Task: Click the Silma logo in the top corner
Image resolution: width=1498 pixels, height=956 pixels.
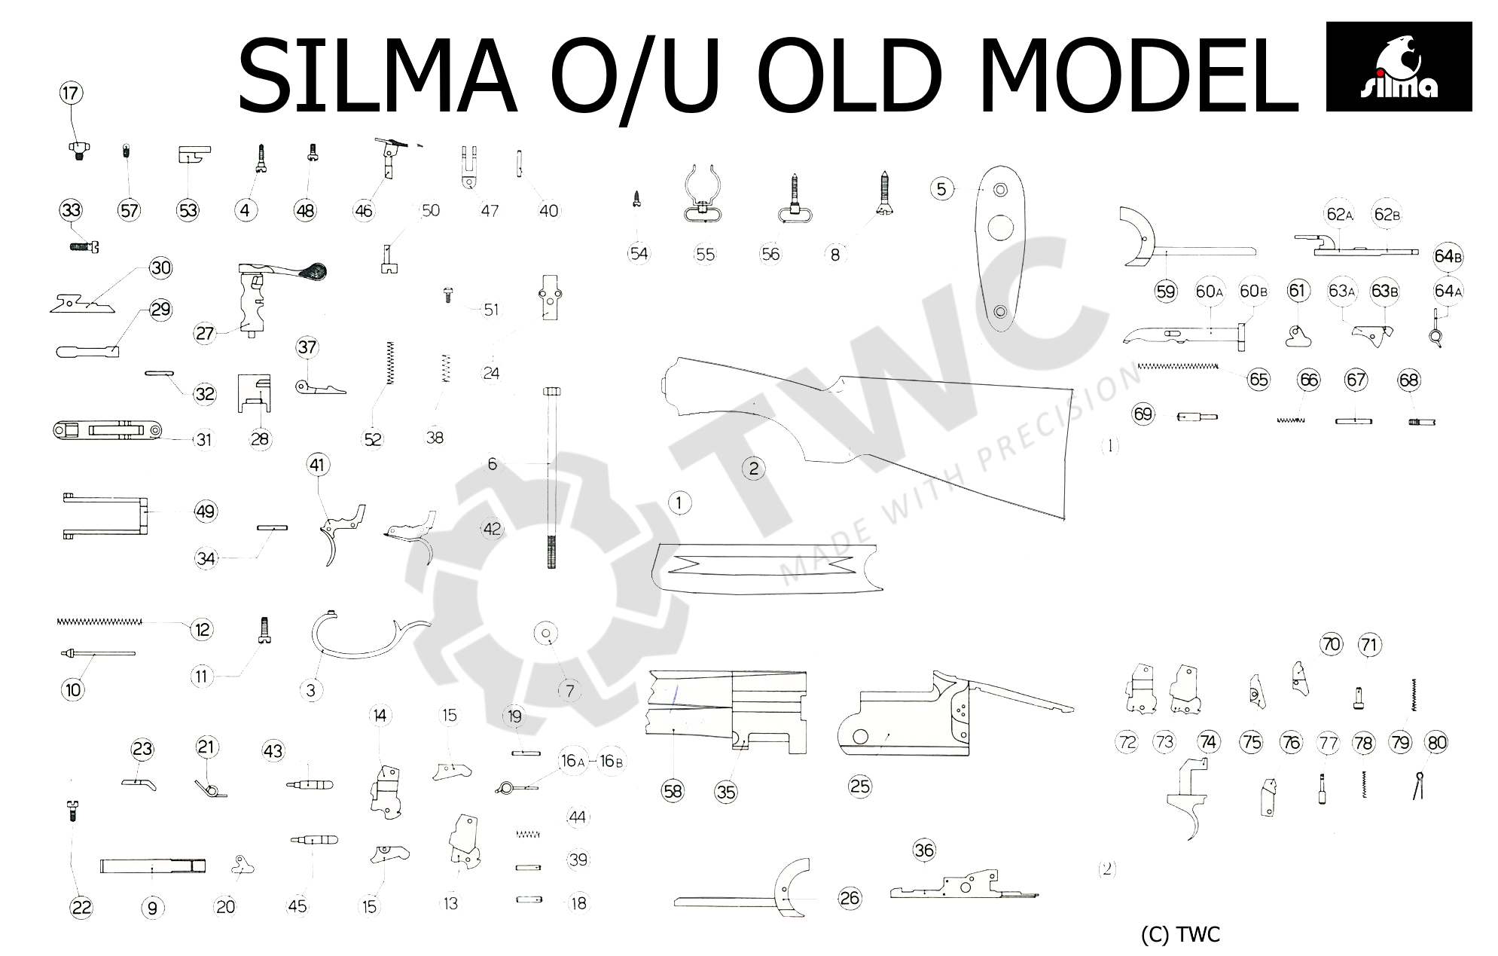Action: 1398,66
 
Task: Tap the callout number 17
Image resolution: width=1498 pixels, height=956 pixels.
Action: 71,94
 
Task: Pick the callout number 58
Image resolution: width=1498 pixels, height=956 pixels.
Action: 673,790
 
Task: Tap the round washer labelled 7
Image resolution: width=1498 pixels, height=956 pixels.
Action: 545,634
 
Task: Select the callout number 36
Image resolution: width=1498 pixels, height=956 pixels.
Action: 923,851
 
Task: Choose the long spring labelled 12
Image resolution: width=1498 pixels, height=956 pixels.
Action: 99,622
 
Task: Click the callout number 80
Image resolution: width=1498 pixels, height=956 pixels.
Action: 1436,743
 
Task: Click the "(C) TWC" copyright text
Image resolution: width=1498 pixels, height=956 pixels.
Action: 1179,935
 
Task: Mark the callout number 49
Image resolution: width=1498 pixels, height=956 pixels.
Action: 205,512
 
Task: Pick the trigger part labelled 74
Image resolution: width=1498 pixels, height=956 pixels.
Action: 1191,799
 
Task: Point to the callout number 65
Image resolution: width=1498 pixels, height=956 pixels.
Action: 1258,379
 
